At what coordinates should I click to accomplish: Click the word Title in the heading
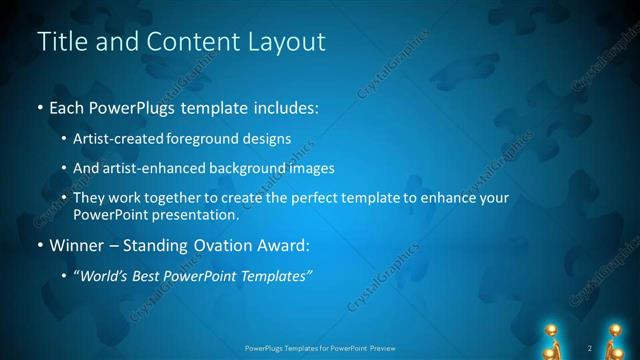point(61,42)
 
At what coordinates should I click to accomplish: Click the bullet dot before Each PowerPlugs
point(39,108)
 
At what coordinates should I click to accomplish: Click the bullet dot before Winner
point(39,246)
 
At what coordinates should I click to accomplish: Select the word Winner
point(74,246)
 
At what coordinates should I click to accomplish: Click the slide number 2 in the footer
point(590,348)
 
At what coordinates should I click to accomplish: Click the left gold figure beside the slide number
point(549,340)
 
